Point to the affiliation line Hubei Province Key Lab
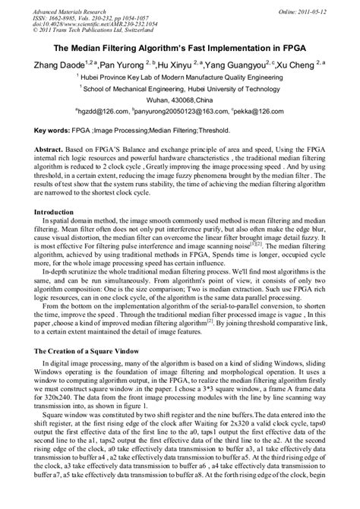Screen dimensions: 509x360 pos(180,77)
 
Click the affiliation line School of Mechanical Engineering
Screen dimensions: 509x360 pos(180,88)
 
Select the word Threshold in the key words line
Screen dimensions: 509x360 pos(224,131)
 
